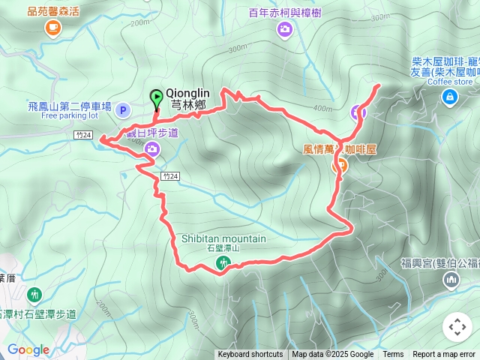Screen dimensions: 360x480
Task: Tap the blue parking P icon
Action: point(124,111)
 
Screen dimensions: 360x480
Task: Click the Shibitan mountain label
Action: point(223,238)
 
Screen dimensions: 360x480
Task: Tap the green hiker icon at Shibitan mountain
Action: point(223,262)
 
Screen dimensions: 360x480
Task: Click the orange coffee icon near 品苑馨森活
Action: point(52,28)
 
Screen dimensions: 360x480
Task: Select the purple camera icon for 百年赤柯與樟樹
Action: point(284,29)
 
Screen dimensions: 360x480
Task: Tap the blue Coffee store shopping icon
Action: point(449,96)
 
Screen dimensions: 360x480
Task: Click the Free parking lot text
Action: point(70,116)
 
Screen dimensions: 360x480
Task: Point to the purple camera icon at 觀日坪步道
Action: point(152,149)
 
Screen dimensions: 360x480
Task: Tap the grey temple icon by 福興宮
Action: point(451,280)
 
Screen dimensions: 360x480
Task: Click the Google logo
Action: point(28,349)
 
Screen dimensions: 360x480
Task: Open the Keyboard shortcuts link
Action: point(250,355)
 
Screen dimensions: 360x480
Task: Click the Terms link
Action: point(393,355)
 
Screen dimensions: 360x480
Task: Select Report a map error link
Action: point(444,355)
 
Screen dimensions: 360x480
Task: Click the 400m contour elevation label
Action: point(322,109)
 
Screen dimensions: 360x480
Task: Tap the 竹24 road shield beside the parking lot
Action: point(84,135)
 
